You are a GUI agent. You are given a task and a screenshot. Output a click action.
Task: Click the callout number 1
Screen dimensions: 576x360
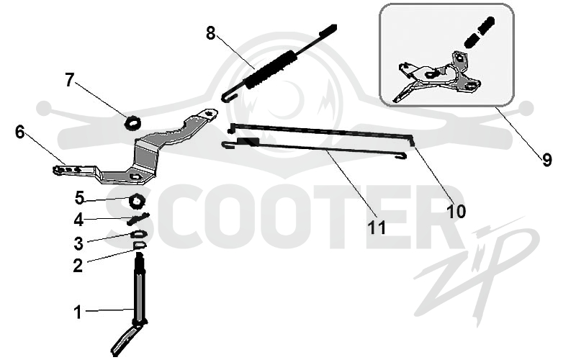[x=78, y=312]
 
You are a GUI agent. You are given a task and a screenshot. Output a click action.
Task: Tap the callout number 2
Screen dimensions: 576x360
[x=78, y=266]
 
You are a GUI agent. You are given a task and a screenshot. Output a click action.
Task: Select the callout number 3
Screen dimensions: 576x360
[x=78, y=243]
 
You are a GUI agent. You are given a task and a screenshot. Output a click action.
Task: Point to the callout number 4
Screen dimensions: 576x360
[x=78, y=220]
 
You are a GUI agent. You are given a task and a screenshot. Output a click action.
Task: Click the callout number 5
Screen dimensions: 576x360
[x=79, y=198]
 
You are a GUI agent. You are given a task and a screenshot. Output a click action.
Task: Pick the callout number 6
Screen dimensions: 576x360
[x=20, y=132]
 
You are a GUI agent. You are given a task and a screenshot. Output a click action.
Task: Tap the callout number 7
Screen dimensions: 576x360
[x=69, y=80]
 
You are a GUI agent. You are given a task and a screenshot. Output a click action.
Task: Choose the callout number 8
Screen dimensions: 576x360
[x=210, y=33]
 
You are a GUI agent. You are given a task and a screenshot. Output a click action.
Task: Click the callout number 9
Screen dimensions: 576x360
[x=547, y=160]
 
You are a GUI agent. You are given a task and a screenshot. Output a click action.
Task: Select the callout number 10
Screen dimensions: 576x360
[x=456, y=212]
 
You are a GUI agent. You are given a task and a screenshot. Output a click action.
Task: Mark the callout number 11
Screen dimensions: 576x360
[x=377, y=228]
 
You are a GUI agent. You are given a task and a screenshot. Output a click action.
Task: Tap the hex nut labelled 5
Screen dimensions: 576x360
[x=137, y=201]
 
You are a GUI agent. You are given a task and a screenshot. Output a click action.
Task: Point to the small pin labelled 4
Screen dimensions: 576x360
[x=138, y=219]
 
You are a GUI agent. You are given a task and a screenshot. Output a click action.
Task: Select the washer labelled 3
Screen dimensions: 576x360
[x=138, y=234]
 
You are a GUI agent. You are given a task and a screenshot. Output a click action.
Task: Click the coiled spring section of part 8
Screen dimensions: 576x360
[x=271, y=70]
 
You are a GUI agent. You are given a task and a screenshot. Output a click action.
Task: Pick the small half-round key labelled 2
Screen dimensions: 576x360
[x=139, y=245]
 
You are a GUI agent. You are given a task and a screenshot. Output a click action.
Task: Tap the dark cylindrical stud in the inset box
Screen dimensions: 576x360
[x=479, y=32]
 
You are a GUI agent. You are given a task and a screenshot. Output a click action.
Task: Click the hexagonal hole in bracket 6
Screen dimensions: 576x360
[x=135, y=176]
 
